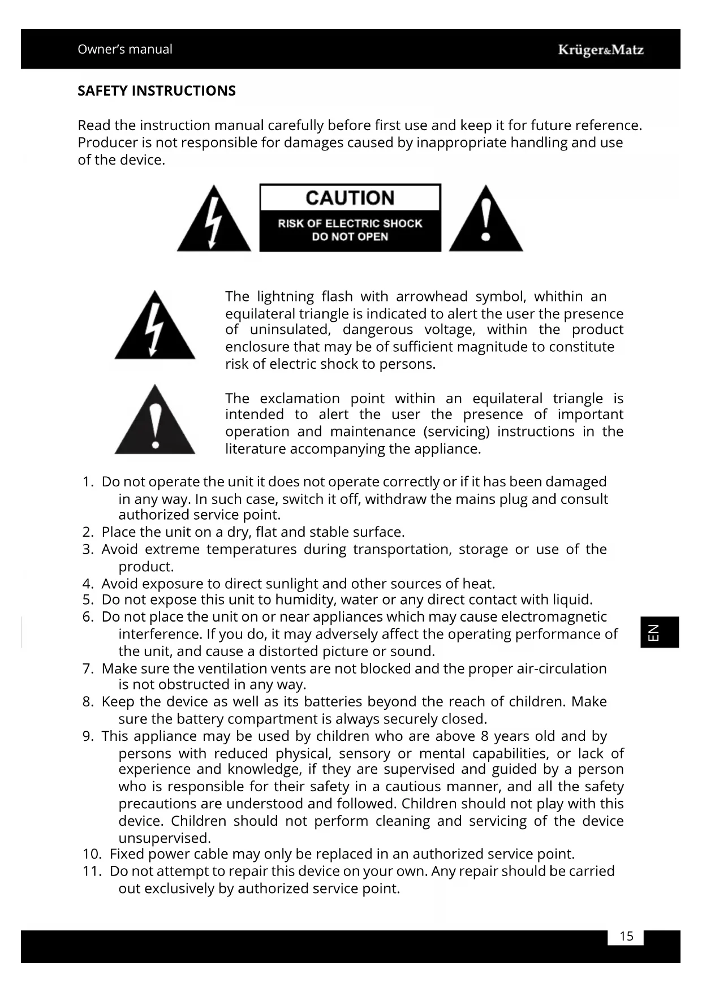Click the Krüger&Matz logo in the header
(600, 50)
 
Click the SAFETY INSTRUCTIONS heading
(157, 91)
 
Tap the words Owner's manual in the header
(125, 49)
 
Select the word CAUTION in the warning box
(350, 198)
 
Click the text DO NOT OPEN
(350, 237)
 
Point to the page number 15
(626, 937)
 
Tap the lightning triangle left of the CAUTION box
(213, 221)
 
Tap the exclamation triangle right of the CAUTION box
(485, 221)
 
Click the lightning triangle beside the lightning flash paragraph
(154, 327)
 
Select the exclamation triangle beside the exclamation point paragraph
(154, 422)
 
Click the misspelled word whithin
(558, 297)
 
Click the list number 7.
(87, 669)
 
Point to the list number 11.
(92, 872)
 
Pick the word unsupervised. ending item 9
(165, 838)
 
